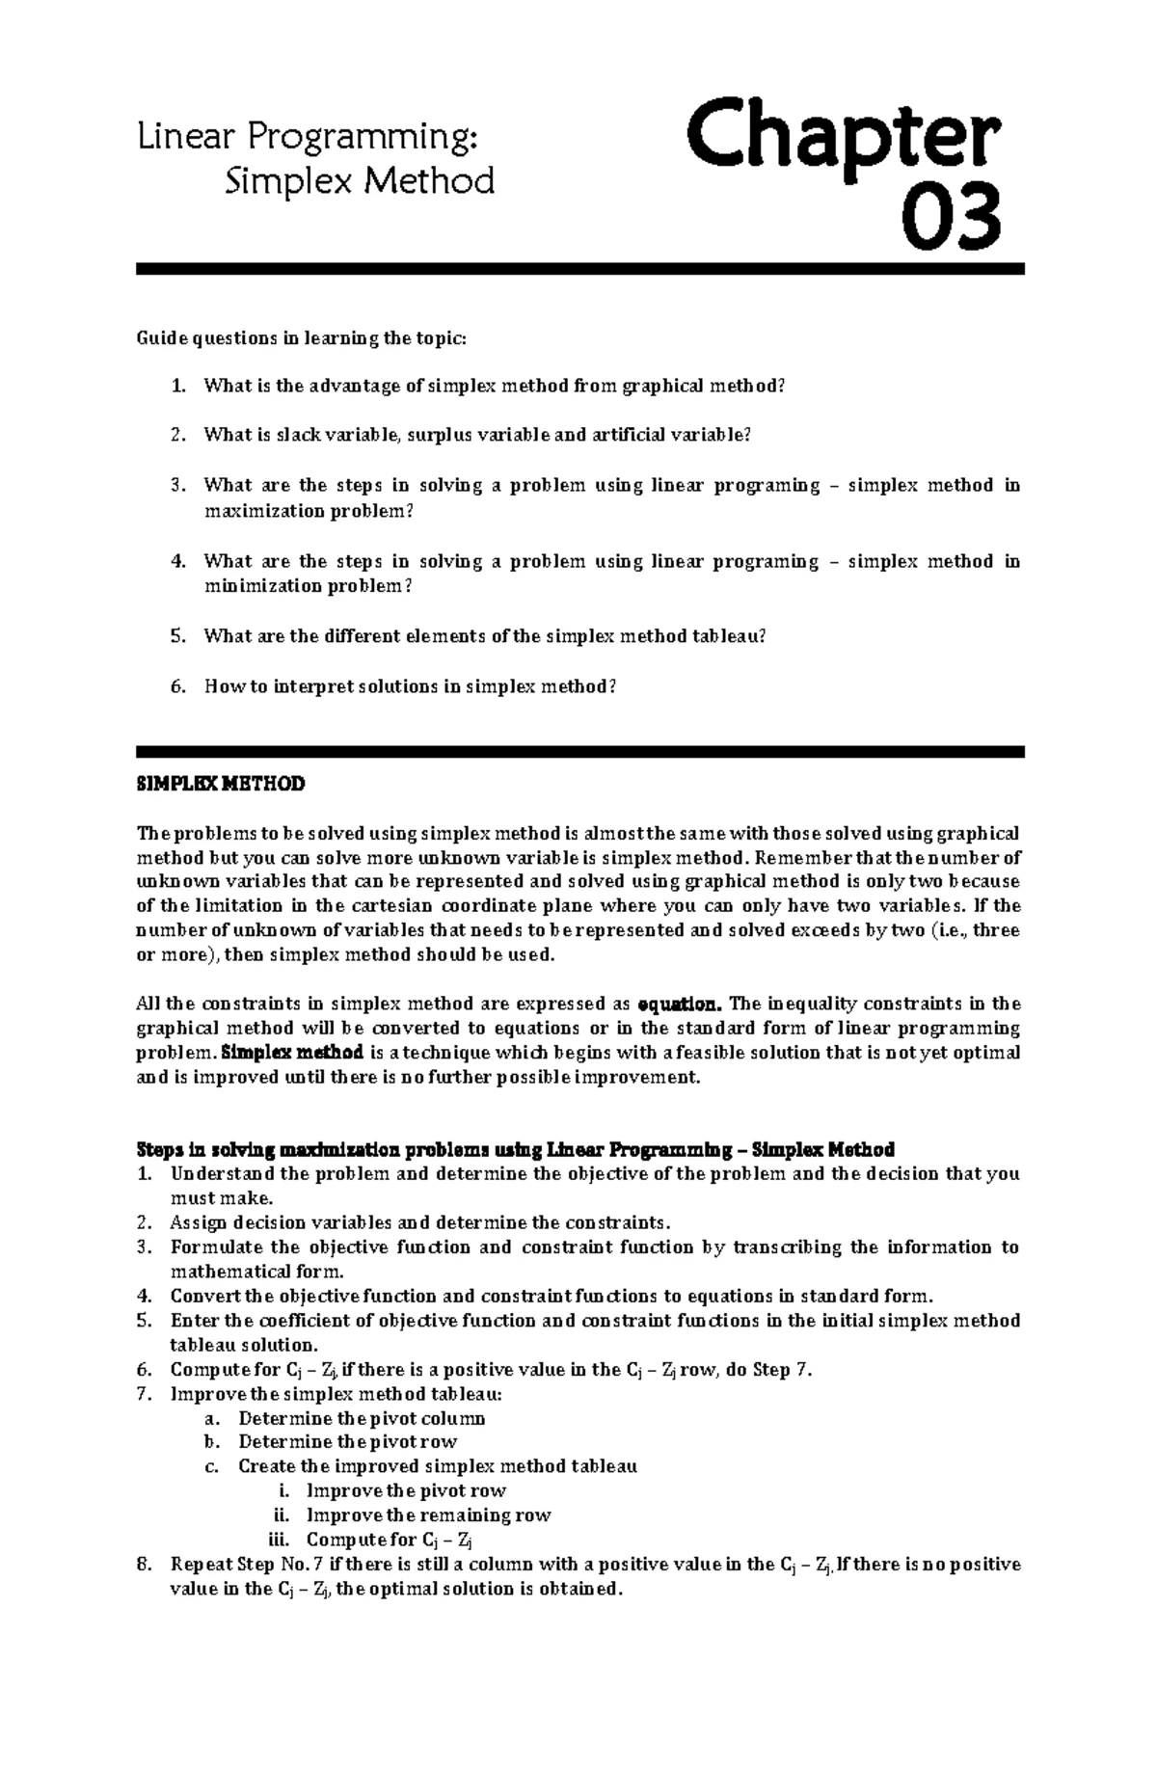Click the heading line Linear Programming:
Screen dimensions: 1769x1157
click(x=308, y=138)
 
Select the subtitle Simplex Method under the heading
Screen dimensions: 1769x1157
click(x=359, y=181)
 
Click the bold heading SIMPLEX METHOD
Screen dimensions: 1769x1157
click(x=221, y=784)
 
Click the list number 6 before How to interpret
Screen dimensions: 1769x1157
click(x=175, y=686)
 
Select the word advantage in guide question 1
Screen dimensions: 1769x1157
click(x=353, y=386)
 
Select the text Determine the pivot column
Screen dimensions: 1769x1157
click(x=362, y=1418)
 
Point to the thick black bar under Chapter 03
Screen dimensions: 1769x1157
click(x=579, y=270)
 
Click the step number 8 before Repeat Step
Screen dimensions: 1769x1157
click(x=143, y=1564)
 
